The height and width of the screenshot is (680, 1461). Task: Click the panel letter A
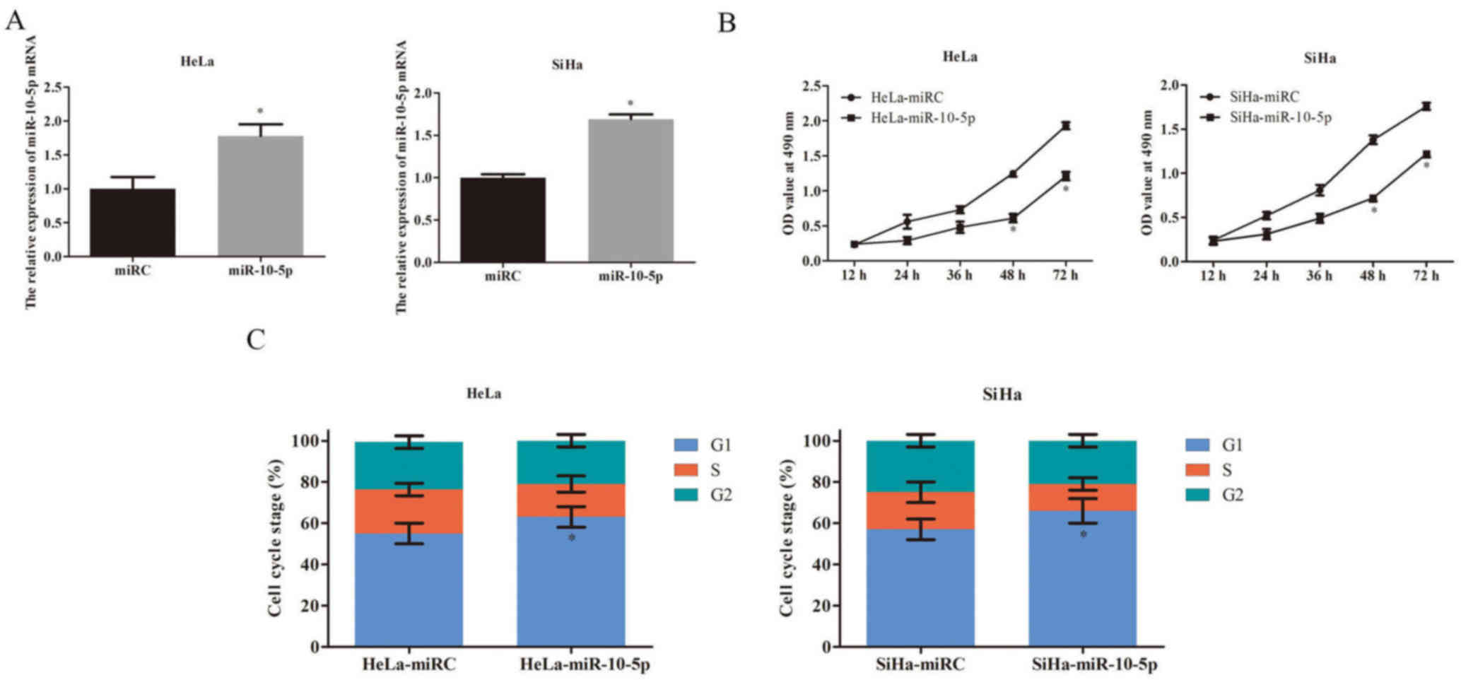(x=15, y=20)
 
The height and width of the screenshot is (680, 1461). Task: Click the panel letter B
(x=727, y=23)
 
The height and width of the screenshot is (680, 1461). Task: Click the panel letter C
(x=255, y=339)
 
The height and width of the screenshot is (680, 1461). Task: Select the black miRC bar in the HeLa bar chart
(x=132, y=222)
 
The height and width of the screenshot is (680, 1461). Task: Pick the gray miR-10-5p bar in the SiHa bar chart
(x=630, y=191)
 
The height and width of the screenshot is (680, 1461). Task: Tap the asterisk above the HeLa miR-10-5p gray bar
(x=260, y=112)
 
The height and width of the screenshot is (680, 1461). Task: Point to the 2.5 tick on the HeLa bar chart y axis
(x=52, y=88)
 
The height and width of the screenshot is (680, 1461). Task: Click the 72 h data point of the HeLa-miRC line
(x=1064, y=126)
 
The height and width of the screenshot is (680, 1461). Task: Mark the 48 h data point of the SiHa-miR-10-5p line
(x=1373, y=199)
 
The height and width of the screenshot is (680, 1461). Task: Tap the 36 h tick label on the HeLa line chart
(x=960, y=275)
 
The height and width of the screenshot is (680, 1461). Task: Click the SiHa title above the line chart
(x=1320, y=58)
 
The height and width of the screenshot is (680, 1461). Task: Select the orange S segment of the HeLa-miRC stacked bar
(x=409, y=511)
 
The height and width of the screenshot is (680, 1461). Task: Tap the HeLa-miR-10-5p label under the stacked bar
(x=585, y=665)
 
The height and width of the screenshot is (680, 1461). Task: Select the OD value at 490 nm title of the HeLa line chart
(x=789, y=173)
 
